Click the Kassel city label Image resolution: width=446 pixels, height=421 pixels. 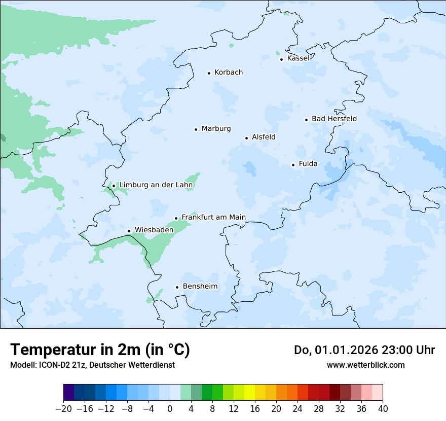(x=298, y=58)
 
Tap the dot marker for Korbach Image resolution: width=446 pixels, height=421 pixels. (x=209, y=73)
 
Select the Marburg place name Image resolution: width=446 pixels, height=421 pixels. (x=216, y=129)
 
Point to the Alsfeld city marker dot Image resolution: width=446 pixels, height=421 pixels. (x=246, y=138)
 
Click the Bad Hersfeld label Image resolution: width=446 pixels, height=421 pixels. (x=334, y=119)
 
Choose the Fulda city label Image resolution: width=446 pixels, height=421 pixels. (x=308, y=164)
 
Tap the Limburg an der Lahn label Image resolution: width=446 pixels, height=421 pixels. (x=156, y=185)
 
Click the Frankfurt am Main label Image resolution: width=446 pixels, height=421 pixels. (x=213, y=217)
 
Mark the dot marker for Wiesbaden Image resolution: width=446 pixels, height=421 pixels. (x=129, y=231)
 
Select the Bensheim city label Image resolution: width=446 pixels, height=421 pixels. (x=200, y=287)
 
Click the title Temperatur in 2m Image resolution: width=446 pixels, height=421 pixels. (x=100, y=350)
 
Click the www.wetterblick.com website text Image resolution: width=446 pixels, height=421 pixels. (x=365, y=365)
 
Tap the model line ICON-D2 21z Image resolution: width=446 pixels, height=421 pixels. (x=92, y=365)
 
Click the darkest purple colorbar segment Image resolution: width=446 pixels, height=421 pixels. (x=69, y=393)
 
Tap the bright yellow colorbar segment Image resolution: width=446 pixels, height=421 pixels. (x=249, y=393)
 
